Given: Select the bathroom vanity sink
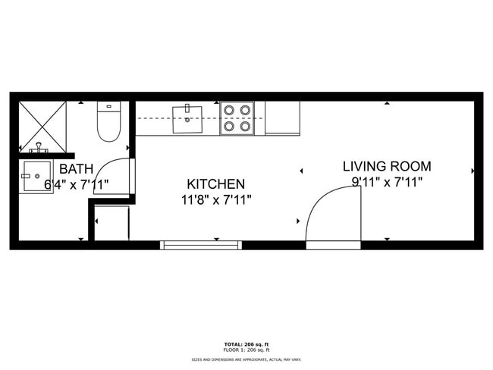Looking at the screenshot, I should click(36, 176).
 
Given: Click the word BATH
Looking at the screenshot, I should click(77, 168).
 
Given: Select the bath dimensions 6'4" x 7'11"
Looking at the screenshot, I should click(77, 184).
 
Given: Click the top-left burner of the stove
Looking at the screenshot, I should click(228, 110).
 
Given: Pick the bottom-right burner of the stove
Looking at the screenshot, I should click(246, 127).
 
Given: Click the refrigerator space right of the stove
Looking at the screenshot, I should click(282, 118).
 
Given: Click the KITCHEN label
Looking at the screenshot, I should click(216, 184).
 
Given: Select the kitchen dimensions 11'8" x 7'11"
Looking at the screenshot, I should click(216, 200).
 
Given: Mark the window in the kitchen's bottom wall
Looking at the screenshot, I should click(201, 245).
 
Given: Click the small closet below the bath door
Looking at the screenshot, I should click(112, 223).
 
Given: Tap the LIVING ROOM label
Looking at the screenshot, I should click(387, 166).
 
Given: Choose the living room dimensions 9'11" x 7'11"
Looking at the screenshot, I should click(387, 182).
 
